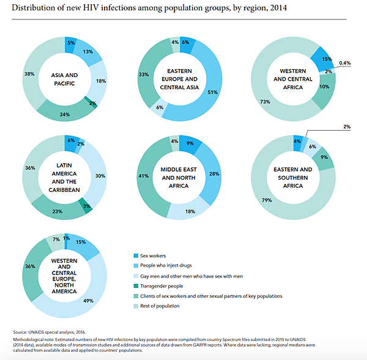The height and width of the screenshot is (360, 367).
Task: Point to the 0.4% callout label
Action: point(344,62)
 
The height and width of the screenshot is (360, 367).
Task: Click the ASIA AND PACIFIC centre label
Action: point(64,79)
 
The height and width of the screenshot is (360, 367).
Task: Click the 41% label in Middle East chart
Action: point(144,176)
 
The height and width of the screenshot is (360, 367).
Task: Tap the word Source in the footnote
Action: point(22,331)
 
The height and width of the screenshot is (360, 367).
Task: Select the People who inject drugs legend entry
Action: point(172,265)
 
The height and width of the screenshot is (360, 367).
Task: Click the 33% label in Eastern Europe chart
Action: point(144,75)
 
